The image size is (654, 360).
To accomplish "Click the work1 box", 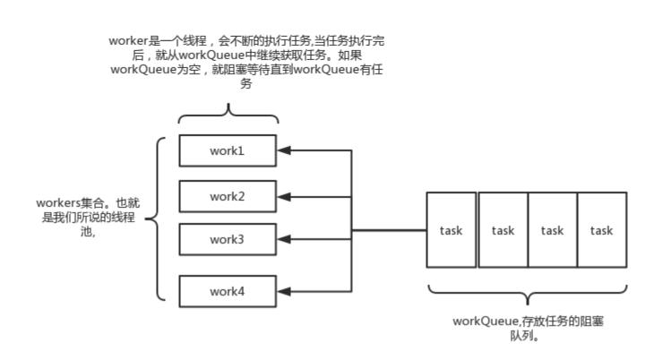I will [228, 150].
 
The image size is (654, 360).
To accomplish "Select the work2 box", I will [228, 196].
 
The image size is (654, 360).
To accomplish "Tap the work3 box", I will [228, 240].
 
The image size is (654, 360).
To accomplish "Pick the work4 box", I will [228, 291].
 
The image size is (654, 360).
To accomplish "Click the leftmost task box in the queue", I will [451, 230].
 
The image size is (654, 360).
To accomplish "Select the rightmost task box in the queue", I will [601, 230].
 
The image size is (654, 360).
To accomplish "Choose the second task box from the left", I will [503, 230].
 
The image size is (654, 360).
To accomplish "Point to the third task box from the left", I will [552, 230].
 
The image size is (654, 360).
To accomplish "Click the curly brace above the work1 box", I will [228, 115].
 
